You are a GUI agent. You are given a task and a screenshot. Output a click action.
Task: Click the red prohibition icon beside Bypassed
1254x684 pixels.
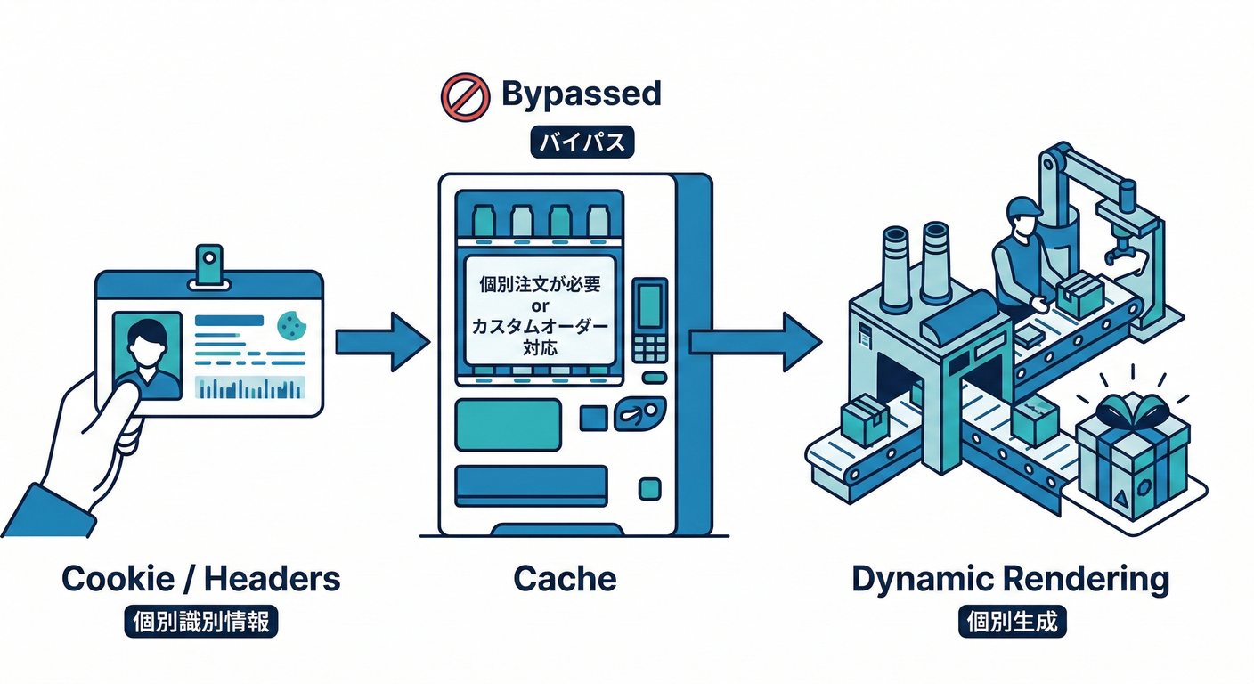pyautogui.click(x=465, y=96)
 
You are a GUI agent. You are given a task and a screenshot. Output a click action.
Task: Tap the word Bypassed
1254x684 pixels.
pyautogui.click(x=581, y=94)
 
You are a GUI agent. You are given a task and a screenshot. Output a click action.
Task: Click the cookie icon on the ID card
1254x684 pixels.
pyautogui.click(x=289, y=326)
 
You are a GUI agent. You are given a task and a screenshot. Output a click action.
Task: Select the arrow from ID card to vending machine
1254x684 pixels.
pyautogui.click(x=382, y=342)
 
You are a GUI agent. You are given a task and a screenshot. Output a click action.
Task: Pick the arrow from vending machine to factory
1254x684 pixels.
pyautogui.click(x=754, y=342)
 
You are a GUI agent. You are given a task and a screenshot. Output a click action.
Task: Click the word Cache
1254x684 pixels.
pyautogui.click(x=565, y=579)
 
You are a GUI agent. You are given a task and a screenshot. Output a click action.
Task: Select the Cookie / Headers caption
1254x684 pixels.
pyautogui.click(x=200, y=579)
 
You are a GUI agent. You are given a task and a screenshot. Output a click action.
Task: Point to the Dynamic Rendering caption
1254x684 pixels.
pyautogui.click(x=1009, y=579)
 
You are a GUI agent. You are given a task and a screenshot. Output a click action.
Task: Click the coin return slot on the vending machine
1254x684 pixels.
pyautogui.click(x=643, y=415)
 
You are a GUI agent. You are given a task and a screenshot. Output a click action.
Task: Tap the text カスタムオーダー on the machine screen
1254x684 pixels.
pyautogui.click(x=540, y=327)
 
